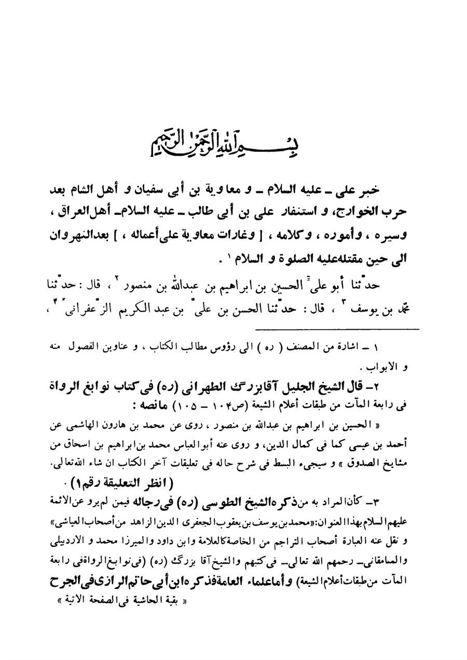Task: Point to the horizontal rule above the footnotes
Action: click(x=337, y=329)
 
